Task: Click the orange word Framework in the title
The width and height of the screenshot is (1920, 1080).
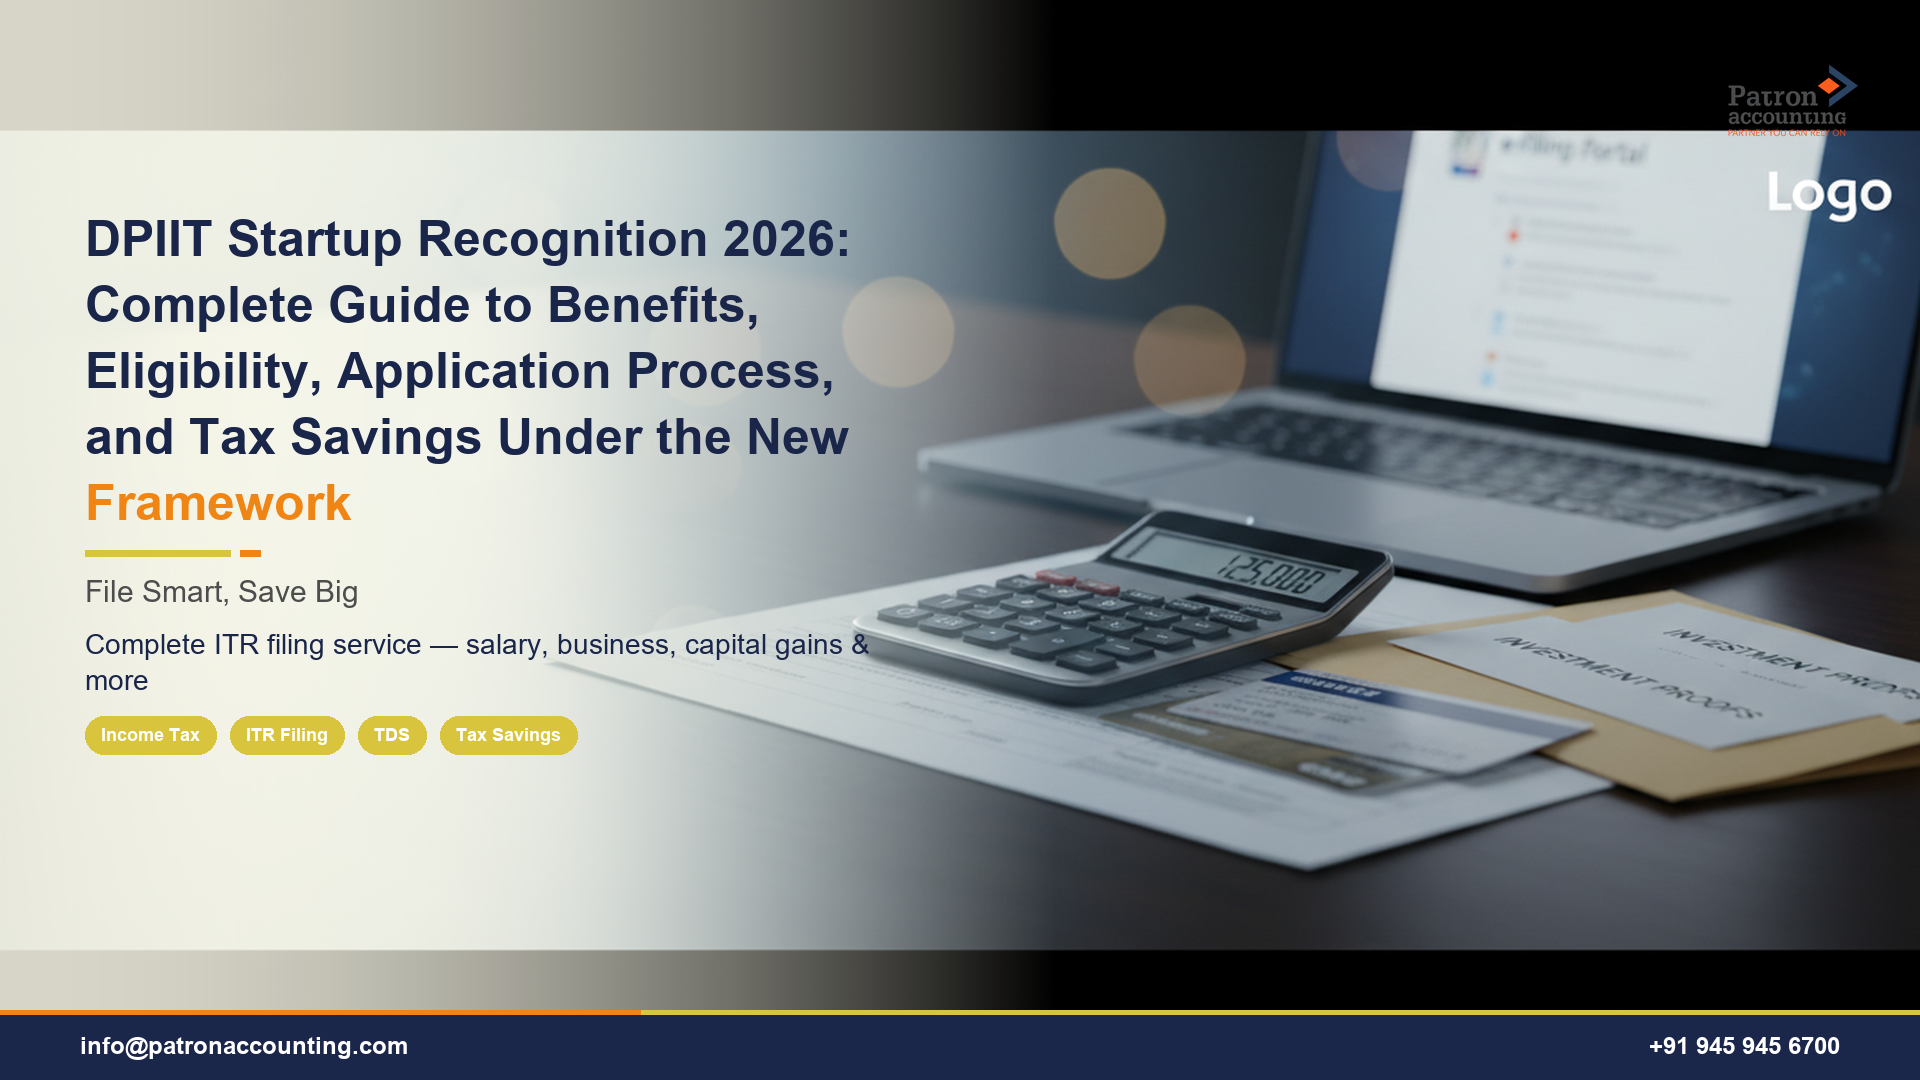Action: pyautogui.click(x=218, y=503)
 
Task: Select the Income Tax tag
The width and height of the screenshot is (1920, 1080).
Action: pyautogui.click(x=150, y=735)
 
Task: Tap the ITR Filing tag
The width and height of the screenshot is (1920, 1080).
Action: pyautogui.click(x=287, y=735)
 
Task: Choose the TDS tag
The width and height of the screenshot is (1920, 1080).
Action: pyautogui.click(x=392, y=735)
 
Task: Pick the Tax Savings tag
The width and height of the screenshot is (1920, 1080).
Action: pyautogui.click(x=508, y=735)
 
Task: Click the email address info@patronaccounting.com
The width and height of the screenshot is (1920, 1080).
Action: pyautogui.click(x=244, y=1046)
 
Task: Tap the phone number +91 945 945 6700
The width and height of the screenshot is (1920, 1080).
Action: pyautogui.click(x=1743, y=1046)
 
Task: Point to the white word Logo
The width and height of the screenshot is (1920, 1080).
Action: pyautogui.click(x=1829, y=194)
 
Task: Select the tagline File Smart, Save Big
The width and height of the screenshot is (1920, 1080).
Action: pyautogui.click(x=221, y=592)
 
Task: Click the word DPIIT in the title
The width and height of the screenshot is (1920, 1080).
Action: pyautogui.click(x=148, y=239)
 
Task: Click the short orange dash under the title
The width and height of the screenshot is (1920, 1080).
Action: pyautogui.click(x=250, y=553)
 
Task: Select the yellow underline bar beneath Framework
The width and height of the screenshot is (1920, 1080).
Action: pyautogui.click(x=157, y=553)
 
